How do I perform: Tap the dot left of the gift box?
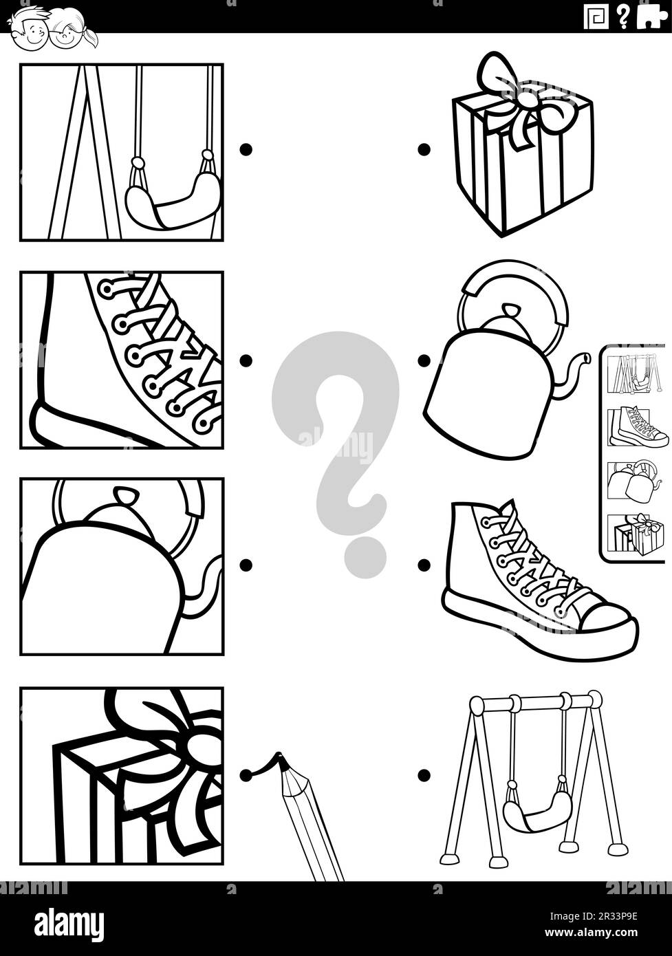[x=424, y=149]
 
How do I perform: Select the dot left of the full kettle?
[x=424, y=360]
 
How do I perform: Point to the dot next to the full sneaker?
[x=424, y=565]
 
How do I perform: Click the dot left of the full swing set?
[x=424, y=775]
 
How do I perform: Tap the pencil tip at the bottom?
[x=279, y=758]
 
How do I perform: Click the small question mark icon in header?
[x=623, y=16]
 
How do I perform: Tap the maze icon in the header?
[x=596, y=17]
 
